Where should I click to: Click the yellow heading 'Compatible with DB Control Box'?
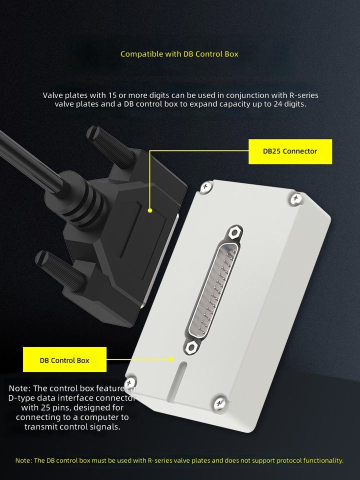(x=179, y=54)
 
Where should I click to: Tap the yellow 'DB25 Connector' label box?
(x=290, y=151)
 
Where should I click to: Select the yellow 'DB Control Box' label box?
(x=64, y=359)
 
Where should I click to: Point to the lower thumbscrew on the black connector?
(x=60, y=270)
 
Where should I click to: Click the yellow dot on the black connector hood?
(x=150, y=210)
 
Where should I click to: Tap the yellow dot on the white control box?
(x=171, y=359)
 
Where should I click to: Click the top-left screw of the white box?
(x=206, y=186)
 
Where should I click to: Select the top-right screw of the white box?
(x=295, y=198)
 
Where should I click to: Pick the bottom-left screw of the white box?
(x=130, y=382)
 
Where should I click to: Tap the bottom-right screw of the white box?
(x=220, y=402)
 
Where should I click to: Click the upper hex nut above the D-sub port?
(x=235, y=232)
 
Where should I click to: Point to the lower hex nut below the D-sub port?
(x=191, y=347)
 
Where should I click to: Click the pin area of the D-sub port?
(x=213, y=290)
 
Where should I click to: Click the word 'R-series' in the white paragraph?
(x=304, y=95)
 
